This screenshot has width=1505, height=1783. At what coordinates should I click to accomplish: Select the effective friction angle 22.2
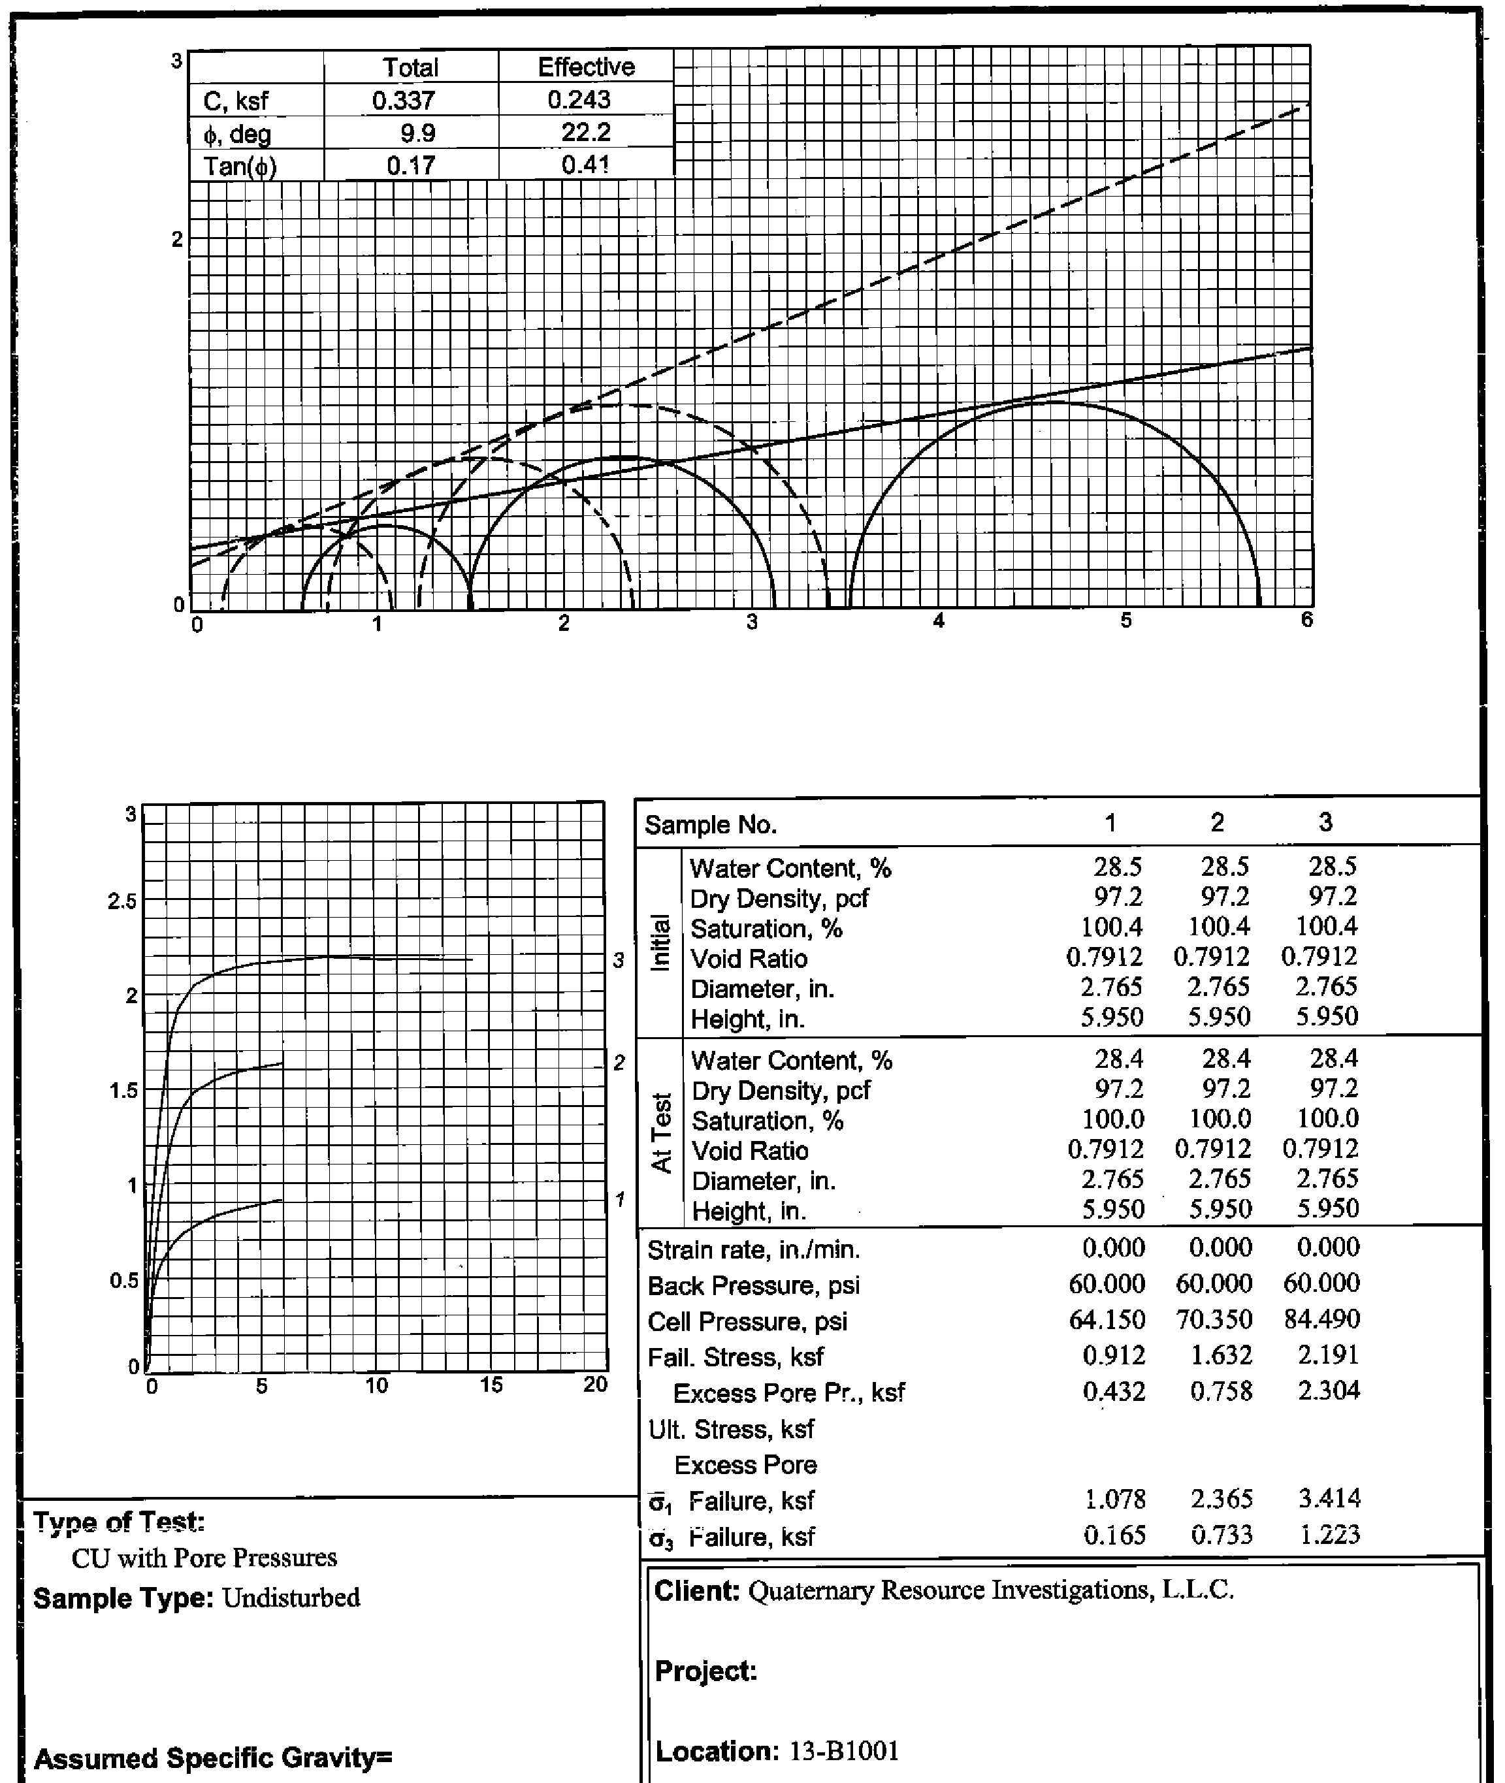coord(585,132)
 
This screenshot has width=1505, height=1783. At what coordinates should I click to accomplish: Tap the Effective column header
coord(586,67)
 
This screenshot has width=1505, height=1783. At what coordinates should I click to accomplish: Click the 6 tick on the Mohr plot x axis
coord(1307,620)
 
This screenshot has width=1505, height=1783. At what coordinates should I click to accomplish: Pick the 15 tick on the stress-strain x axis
coord(491,1385)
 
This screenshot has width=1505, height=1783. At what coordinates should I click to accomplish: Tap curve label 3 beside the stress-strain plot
coord(619,961)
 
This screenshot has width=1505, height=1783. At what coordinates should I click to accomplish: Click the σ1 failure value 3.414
coord(1329,1498)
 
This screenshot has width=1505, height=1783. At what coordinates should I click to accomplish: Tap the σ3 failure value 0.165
coord(1114,1535)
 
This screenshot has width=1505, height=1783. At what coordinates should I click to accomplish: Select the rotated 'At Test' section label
coord(660,1133)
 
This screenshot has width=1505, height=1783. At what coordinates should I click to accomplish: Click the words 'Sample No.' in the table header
coord(711,825)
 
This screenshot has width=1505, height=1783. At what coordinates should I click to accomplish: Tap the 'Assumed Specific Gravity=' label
coord(212,1758)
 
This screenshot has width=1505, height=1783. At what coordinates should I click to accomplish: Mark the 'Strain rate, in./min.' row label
coord(753,1251)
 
